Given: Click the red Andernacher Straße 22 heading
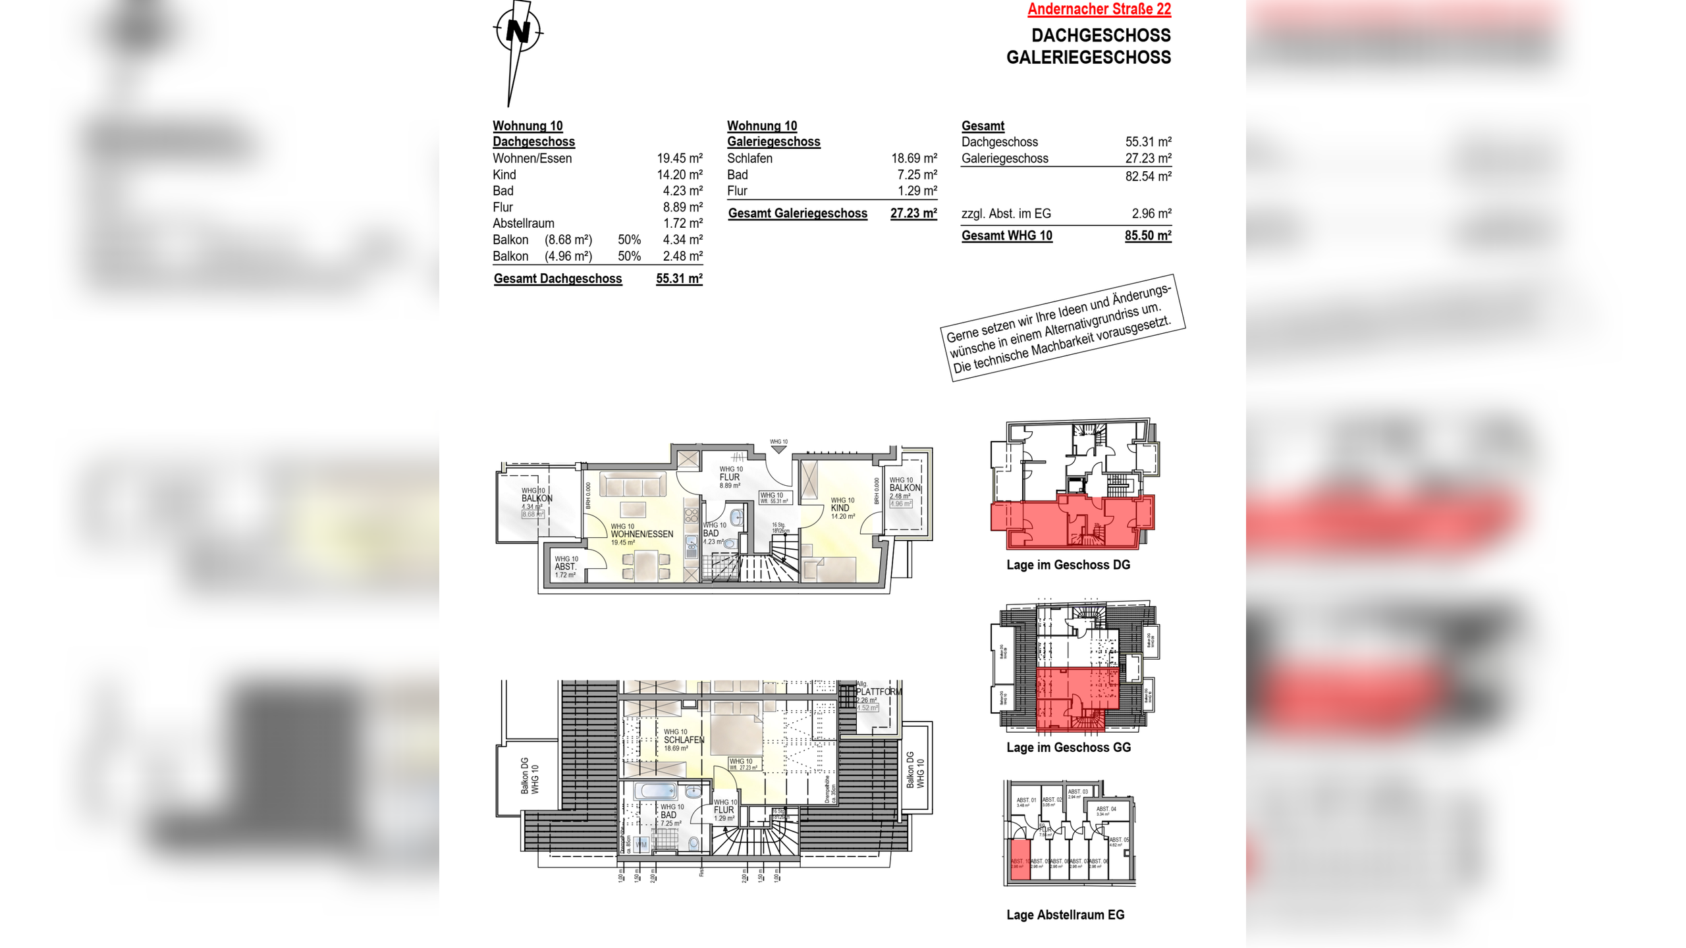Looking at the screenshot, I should point(1099,9).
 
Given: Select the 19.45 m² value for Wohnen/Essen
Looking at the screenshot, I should point(679,158).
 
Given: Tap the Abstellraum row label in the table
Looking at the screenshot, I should point(523,223).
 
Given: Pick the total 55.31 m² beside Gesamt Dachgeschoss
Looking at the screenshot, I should point(679,278).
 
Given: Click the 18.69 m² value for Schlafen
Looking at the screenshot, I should point(913,158).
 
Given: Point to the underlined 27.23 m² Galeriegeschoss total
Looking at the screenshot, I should point(913,213).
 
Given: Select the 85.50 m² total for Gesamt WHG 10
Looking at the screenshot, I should point(1147,236).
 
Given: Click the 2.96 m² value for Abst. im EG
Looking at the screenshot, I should point(1151,213).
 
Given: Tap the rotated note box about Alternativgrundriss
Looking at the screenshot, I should point(1062,328).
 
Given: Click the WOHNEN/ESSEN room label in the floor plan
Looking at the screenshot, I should point(641,534).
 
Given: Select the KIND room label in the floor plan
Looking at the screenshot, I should point(840,508).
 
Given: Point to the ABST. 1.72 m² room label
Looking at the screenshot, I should point(565,567).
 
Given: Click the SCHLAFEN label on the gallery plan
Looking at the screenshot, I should point(684,740).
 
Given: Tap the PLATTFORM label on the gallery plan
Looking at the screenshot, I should point(879,692).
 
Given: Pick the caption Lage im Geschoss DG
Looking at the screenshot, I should point(1068,565).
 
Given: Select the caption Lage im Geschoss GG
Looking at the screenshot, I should point(1068,747).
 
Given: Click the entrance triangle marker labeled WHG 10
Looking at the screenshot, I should point(778,449).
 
